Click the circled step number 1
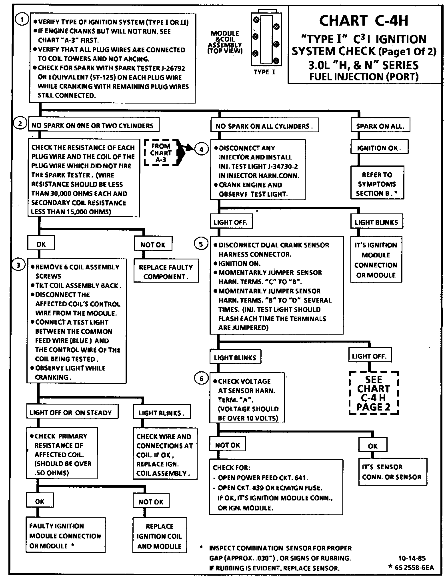[x=22, y=20]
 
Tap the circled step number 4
[x=201, y=149]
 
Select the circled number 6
[x=201, y=379]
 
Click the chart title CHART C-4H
[x=364, y=20]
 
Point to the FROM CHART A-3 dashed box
[x=161, y=153]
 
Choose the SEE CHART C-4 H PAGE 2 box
[x=374, y=393]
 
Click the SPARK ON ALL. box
[x=380, y=126]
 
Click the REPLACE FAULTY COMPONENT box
[x=166, y=272]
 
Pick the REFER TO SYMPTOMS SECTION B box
[x=377, y=184]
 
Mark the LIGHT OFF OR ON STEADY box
[x=71, y=413]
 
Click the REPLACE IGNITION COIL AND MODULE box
[x=159, y=536]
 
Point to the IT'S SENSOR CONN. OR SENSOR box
[x=391, y=472]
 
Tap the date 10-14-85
[x=412, y=558]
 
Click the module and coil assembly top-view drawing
[x=265, y=39]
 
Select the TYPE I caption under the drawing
[x=264, y=72]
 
